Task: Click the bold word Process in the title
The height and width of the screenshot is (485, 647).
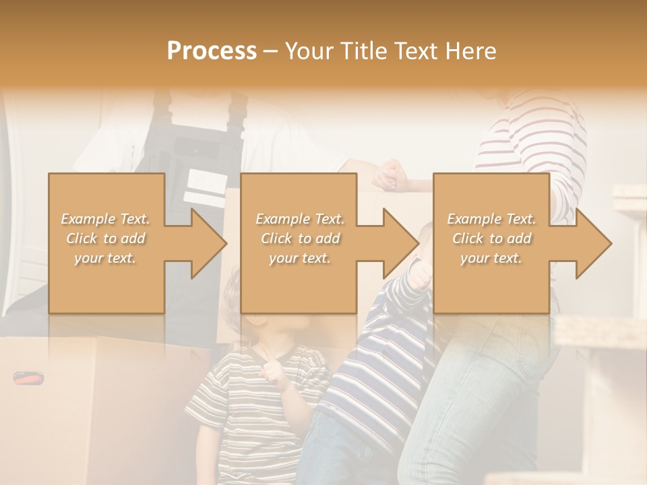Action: [x=212, y=51]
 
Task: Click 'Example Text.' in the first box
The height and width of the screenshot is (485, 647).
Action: [x=105, y=219]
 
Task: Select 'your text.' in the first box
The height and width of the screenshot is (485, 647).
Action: [x=105, y=258]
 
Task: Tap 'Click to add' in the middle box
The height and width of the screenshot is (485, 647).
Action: [x=300, y=238]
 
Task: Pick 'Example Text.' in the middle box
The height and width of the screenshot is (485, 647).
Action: [x=300, y=219]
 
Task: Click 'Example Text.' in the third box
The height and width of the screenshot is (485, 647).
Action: [x=491, y=219]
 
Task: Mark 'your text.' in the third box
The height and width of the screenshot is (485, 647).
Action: [x=491, y=258]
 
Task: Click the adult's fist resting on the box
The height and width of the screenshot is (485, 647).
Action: [x=390, y=176]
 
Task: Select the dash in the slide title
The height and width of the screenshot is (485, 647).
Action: [x=270, y=51]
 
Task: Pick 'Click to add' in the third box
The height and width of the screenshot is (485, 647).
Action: [x=491, y=238]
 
